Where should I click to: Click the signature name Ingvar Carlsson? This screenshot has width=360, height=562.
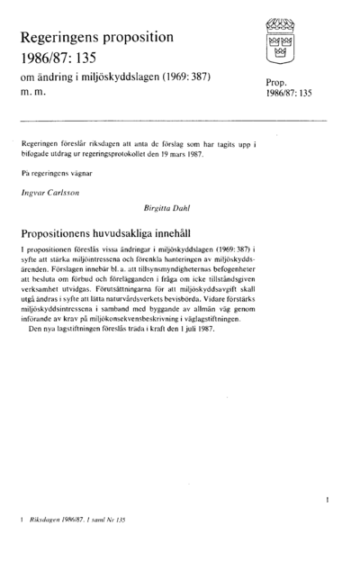[50, 193]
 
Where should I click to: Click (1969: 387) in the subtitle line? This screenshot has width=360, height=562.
[190, 77]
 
